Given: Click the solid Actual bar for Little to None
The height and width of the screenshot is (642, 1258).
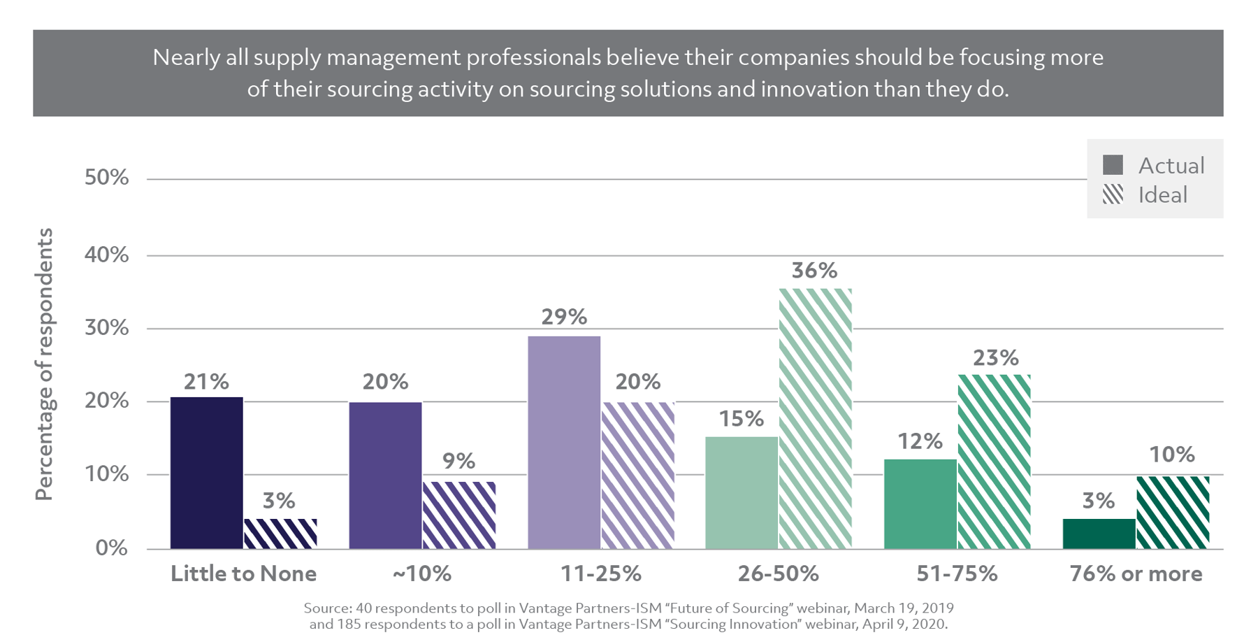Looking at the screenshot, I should click(206, 473).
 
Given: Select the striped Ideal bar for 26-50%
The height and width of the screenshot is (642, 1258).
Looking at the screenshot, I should click(815, 418).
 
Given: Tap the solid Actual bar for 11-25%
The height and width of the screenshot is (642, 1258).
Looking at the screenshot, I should click(563, 442).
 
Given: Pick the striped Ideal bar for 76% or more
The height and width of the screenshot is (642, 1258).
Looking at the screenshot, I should click(1173, 513).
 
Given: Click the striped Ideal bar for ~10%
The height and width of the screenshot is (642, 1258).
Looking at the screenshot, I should click(458, 515).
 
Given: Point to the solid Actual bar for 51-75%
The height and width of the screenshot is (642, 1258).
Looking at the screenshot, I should click(920, 504).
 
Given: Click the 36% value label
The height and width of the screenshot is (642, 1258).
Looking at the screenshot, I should click(814, 271).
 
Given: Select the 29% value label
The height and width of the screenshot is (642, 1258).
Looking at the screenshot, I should click(563, 318).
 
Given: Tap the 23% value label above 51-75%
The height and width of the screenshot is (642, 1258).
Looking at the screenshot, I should click(995, 358).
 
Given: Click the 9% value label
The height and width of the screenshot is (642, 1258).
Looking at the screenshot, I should click(458, 461).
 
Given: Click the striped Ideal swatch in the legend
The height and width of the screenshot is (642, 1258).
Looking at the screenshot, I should click(1113, 194).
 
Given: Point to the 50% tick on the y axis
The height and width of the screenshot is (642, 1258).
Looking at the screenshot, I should click(106, 178).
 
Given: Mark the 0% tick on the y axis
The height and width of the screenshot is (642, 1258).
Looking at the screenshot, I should click(111, 548).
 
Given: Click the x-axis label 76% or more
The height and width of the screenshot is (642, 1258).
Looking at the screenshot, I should click(1136, 574).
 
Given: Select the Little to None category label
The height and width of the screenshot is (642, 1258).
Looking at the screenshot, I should click(243, 574).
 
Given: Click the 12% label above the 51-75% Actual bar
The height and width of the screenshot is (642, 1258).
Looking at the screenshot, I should click(920, 441).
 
